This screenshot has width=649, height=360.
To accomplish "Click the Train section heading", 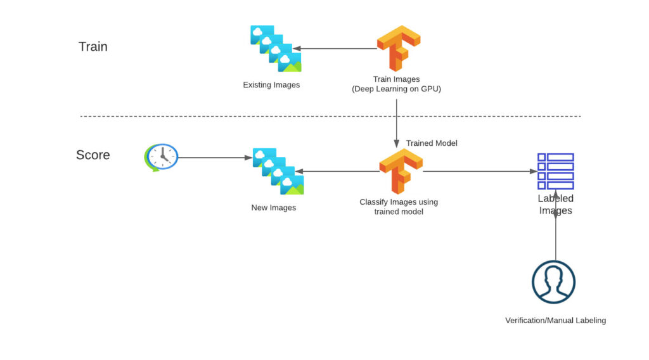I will (x=93, y=47).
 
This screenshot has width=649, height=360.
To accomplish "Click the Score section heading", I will (x=93, y=155).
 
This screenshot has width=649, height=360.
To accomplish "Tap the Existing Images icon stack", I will (x=276, y=49).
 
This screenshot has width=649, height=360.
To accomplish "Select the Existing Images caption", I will (x=271, y=85).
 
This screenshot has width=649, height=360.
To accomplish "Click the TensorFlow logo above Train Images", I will (x=399, y=48).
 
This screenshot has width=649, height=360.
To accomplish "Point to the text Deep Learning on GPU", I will (x=396, y=89).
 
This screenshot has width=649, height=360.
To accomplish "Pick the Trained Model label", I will (x=432, y=143).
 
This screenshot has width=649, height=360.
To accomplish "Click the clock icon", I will (x=162, y=157).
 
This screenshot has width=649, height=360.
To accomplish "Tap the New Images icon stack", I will (x=278, y=171).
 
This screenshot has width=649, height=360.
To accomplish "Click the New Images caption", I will (x=274, y=208).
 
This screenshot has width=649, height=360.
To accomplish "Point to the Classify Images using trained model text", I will (x=399, y=207).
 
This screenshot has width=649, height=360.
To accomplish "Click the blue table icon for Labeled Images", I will (x=556, y=171).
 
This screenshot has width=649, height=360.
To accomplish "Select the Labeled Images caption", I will (x=556, y=205).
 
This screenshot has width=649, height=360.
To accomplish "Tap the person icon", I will (x=553, y=282).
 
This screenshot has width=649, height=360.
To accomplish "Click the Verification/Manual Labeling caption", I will (x=555, y=321).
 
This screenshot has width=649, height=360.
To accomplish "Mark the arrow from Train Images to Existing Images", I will (x=335, y=49).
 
